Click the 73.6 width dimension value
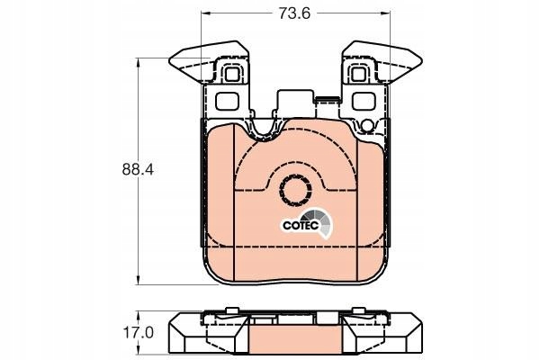tap(294, 13)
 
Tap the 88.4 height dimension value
tap(138, 170)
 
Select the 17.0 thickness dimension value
tap(138, 332)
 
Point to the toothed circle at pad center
tap(295, 191)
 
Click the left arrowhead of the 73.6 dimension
tap(206, 13)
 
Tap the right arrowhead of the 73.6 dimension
tap(385, 13)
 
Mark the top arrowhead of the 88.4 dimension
tap(138, 63)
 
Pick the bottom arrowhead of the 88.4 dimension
tap(138, 280)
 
